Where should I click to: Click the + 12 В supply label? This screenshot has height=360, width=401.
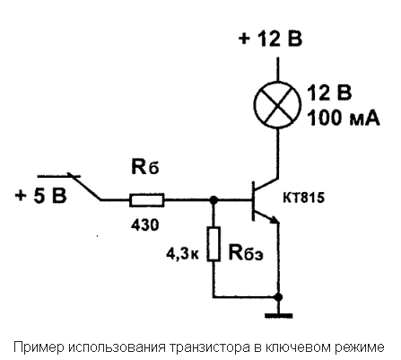[x=271, y=39]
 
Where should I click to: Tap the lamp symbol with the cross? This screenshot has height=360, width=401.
[x=278, y=104]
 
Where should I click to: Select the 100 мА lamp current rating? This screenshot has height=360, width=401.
[x=344, y=118]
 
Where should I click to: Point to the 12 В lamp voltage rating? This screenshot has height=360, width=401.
[x=329, y=92]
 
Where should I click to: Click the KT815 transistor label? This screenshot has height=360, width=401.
[x=303, y=198]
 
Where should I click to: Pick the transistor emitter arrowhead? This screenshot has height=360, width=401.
[x=275, y=220]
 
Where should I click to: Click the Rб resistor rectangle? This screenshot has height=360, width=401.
[x=147, y=200]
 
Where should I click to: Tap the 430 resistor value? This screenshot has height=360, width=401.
[x=145, y=224]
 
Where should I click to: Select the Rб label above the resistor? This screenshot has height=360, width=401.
[x=145, y=167]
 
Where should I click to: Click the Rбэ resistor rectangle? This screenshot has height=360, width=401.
[x=214, y=244]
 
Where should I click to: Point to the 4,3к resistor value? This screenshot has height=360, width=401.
[x=182, y=255]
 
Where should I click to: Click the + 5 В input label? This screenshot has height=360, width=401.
[x=41, y=196]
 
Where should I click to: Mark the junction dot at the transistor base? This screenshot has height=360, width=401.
[x=214, y=199]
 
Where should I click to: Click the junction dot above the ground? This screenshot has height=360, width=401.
[x=279, y=297]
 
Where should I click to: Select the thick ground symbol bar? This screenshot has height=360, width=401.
[x=279, y=315]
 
